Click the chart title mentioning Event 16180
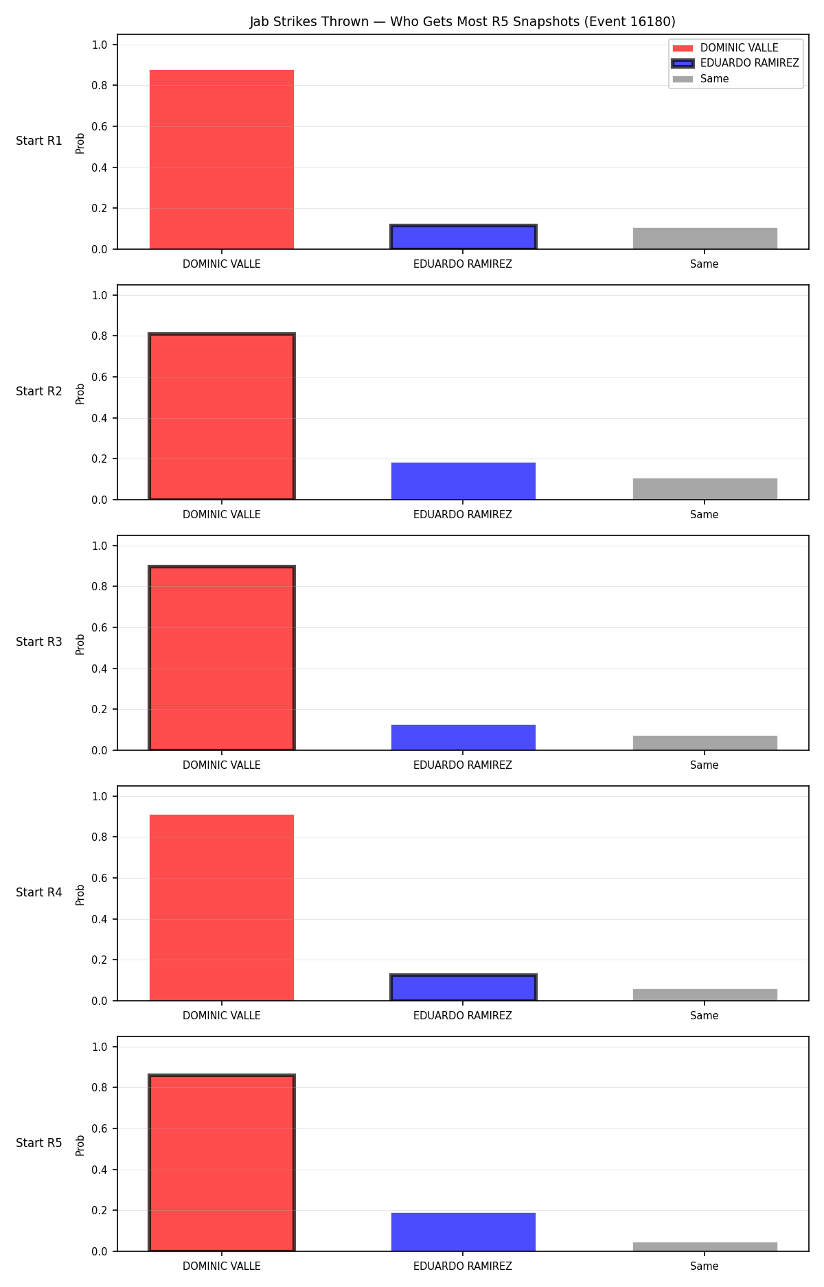pos(462,22)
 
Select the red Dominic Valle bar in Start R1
pos(222,159)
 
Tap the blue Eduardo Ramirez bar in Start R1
pos(463,237)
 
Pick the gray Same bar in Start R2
pos(705,489)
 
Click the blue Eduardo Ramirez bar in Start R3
pos(463,737)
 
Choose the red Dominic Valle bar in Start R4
pos(222,907)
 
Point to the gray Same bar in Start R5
pos(705,1247)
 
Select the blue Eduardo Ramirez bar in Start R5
pos(463,1232)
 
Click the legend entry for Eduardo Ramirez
pos(735,63)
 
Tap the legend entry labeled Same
pos(701,79)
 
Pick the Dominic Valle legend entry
pos(726,48)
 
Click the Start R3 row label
pos(39,642)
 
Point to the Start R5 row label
pos(39,1143)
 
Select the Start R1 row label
pos(39,141)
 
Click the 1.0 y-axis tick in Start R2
pos(100,295)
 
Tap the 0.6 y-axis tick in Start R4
pos(100,878)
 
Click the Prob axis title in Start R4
pos(80,894)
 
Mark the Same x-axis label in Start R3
pos(705,765)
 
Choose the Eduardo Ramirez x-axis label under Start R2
pos(463,515)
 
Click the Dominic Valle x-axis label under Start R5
pos(222,1266)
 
